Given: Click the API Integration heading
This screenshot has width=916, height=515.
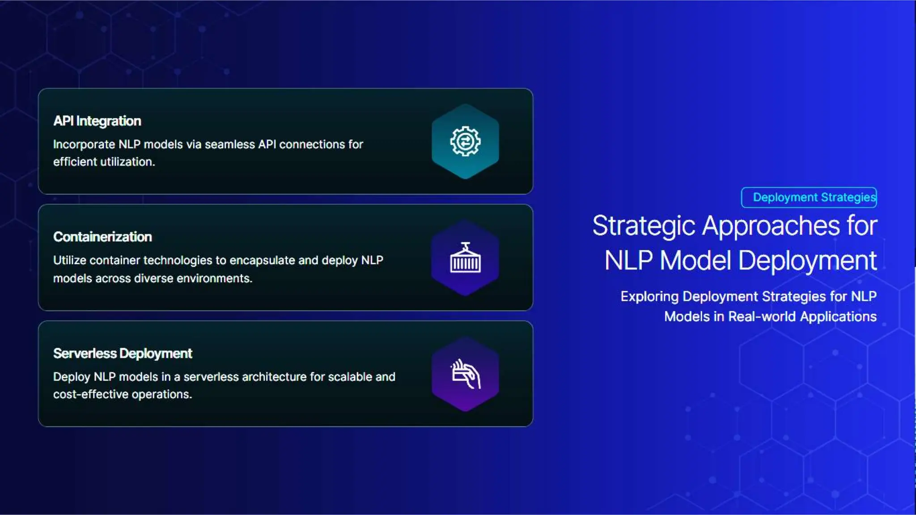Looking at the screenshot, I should (97, 121).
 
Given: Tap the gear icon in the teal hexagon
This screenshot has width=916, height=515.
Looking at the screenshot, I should (465, 141).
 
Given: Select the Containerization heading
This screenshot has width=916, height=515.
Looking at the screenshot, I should (102, 237).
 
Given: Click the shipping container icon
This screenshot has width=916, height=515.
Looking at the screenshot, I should (465, 258).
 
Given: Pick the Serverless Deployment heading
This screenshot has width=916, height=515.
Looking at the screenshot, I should (123, 354).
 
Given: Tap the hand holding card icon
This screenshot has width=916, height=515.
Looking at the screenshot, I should (465, 374).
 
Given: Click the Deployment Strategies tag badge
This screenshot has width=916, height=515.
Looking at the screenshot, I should (809, 198).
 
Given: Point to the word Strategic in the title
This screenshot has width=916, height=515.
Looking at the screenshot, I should (644, 226).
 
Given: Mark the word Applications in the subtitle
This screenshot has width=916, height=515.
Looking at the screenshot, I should (838, 317).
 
